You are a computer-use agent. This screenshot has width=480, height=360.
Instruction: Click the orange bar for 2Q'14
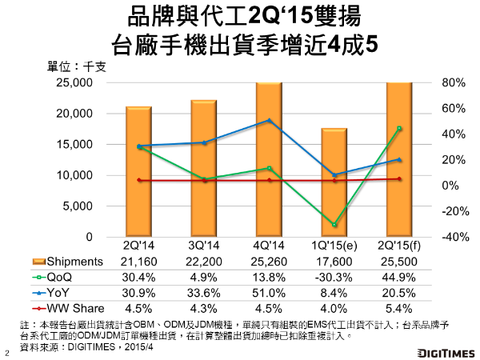click(138, 171)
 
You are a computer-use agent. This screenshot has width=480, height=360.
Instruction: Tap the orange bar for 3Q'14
click(204, 168)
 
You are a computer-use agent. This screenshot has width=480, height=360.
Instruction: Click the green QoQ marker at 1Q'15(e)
click(334, 225)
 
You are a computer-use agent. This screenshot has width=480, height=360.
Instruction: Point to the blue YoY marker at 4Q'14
click(270, 121)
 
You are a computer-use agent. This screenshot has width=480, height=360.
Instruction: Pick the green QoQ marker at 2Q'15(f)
click(399, 128)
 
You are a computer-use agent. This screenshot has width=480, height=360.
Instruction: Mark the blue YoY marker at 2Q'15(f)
click(399, 160)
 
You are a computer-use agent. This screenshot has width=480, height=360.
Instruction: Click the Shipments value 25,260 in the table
click(270, 262)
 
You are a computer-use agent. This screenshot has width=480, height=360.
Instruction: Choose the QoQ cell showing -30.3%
click(334, 275)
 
